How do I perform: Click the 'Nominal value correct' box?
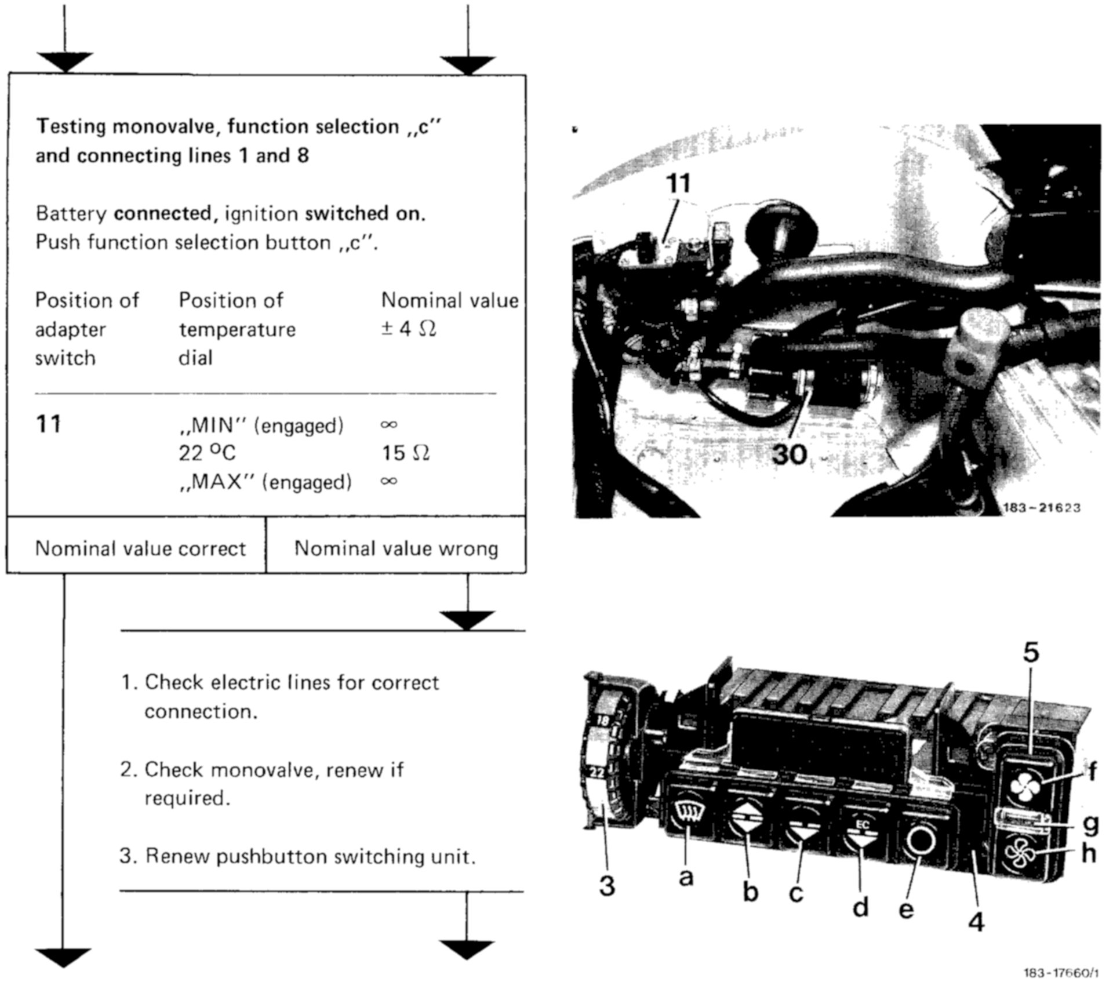140,548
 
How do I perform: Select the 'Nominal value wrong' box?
396,548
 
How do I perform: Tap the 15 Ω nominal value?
405,453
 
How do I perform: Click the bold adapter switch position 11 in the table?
48,424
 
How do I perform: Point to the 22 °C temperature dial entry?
207,453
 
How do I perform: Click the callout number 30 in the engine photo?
790,454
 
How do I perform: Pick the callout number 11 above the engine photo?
678,184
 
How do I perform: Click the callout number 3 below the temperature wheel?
606,885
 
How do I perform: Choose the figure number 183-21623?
1041,508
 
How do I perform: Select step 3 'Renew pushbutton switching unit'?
298,856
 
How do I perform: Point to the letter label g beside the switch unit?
1090,824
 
